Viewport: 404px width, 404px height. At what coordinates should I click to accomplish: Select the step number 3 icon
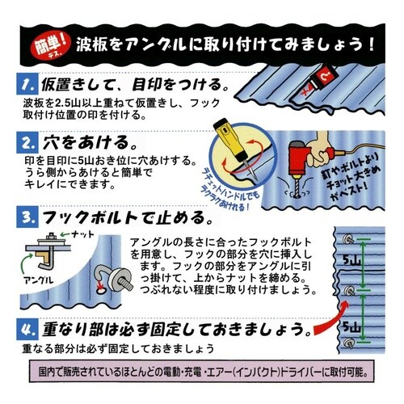(28, 218)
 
